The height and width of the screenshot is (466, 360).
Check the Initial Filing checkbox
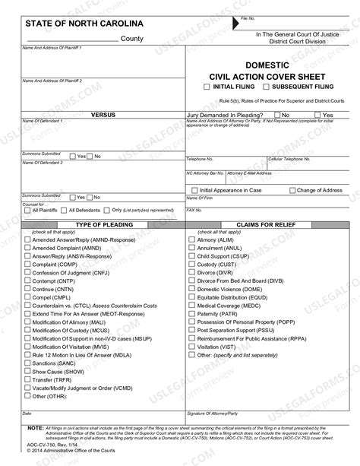click(207, 87)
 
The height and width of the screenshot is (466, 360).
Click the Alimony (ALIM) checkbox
click(191, 239)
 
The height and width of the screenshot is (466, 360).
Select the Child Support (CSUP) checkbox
click(191, 257)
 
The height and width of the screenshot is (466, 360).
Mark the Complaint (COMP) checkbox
click(27, 265)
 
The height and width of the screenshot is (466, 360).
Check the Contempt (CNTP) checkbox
click(27, 282)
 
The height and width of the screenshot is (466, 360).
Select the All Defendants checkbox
click(63, 210)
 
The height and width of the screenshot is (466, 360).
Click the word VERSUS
click(103, 114)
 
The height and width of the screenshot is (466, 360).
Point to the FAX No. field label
click(194, 209)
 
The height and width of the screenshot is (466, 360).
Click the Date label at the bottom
click(27, 414)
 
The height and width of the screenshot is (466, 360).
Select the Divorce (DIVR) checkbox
click(191, 274)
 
